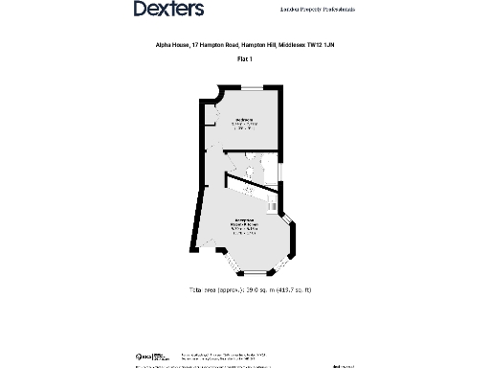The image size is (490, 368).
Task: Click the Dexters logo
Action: [x=168, y=10]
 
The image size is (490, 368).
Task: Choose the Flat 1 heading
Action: [x=244, y=59]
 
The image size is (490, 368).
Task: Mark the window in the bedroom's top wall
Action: [x=253, y=89]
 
